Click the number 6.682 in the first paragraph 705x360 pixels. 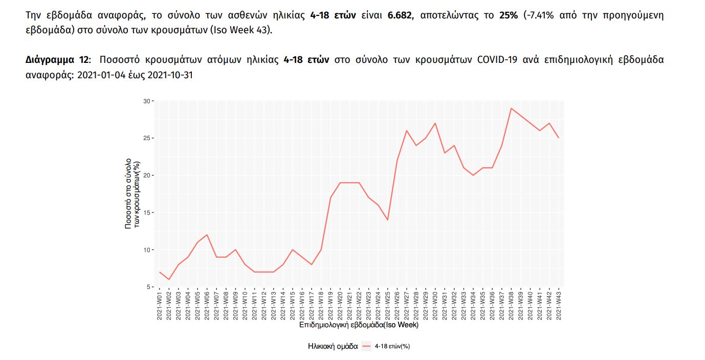click(x=400, y=15)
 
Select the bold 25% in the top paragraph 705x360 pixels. click(x=509, y=15)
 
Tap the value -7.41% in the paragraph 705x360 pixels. click(x=542, y=15)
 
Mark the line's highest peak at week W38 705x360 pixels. click(x=511, y=108)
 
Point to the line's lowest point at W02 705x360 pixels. click(x=169, y=279)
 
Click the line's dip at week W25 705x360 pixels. click(x=387, y=220)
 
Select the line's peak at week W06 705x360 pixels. click(x=207, y=235)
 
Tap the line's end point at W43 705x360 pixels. click(x=558, y=138)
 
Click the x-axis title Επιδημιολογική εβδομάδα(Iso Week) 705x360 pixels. click(x=359, y=325)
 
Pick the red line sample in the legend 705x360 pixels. click(x=366, y=346)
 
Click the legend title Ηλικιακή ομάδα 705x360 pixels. click(x=333, y=346)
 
